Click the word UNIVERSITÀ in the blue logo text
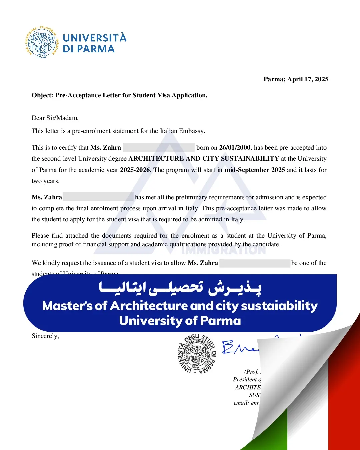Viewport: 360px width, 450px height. (95, 38)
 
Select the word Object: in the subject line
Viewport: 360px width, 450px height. (43, 95)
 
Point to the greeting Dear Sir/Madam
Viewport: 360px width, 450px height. (55, 118)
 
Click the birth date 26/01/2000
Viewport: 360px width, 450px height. (235, 148)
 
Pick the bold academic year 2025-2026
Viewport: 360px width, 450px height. (135, 170)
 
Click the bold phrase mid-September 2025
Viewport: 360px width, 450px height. (255, 170)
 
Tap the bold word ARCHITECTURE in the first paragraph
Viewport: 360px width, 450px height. (156, 159)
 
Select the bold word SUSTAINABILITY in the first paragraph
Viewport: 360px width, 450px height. (250, 159)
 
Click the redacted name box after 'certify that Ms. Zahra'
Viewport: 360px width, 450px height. (159, 148)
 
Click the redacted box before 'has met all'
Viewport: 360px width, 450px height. (98, 197)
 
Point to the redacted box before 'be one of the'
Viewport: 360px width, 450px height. (255, 263)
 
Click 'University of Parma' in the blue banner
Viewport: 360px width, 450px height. (180, 321)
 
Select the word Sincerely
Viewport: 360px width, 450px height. (45, 336)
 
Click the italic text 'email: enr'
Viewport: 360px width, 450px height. (246, 403)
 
